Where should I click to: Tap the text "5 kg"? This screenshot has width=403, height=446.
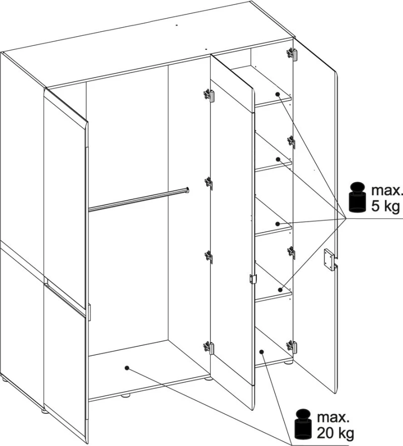385,206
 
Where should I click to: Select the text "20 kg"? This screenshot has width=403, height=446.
335,433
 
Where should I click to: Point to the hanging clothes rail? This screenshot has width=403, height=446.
139,199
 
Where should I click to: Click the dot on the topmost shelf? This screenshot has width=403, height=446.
278,94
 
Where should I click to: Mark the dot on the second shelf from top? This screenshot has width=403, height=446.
279,159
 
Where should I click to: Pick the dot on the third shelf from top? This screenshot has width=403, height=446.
278,224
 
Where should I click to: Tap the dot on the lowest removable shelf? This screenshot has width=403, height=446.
280,290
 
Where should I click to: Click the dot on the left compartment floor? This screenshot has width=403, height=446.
127,368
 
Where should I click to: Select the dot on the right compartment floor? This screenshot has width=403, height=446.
261,352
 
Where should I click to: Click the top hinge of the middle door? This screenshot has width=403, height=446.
209,95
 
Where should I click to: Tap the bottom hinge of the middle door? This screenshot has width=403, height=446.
209,347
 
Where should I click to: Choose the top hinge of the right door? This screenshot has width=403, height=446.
292,53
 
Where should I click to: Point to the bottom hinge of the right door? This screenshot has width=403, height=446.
292,346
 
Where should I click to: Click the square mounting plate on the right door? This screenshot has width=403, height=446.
329,260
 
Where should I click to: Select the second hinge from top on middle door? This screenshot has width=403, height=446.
209,183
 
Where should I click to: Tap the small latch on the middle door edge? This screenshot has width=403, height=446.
253,279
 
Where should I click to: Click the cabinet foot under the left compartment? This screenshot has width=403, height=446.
126,395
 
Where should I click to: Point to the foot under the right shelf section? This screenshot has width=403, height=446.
288,362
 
